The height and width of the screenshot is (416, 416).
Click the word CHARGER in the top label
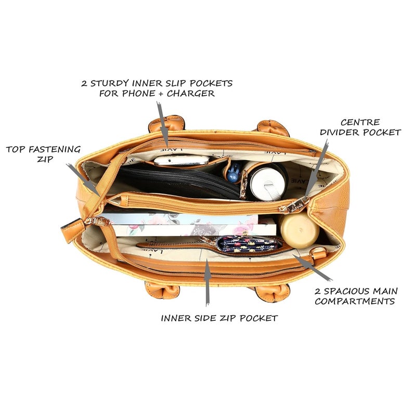190,94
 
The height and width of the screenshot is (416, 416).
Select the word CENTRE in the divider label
360,122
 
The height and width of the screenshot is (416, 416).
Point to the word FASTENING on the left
55,149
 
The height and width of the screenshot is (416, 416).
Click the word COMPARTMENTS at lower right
355,302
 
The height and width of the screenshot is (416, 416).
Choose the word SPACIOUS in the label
346,291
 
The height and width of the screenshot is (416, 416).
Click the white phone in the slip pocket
181,160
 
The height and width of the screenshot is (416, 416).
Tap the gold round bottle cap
299,229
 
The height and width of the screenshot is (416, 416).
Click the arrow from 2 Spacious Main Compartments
313,267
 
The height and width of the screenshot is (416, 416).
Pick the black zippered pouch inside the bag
178,180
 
